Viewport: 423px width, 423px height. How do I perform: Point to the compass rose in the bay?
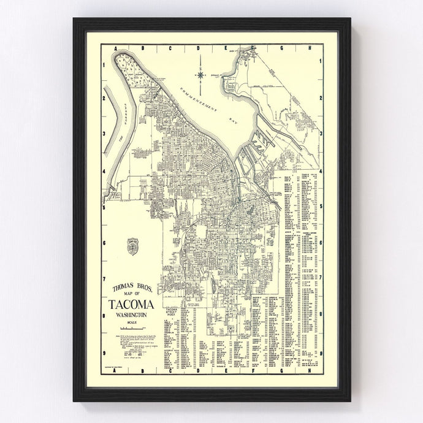[202, 74]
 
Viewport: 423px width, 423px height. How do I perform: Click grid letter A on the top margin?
[115, 48]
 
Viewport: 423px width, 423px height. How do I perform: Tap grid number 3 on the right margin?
[321, 132]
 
